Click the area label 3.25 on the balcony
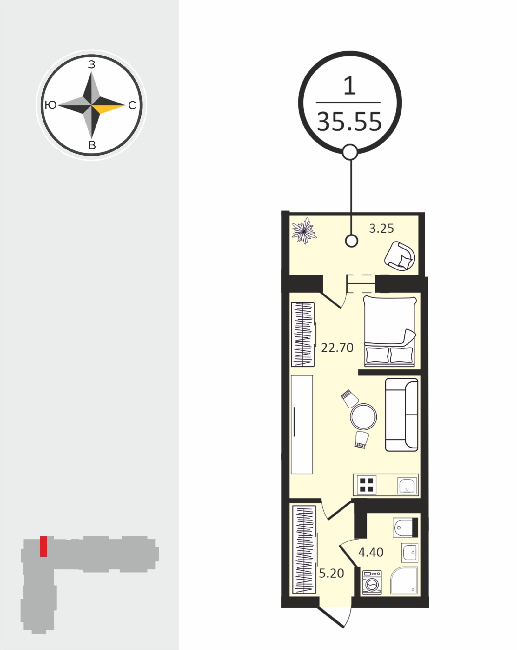[x=381, y=229]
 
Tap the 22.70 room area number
[x=337, y=348]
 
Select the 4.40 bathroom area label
[x=371, y=552]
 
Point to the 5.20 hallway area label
[x=331, y=574]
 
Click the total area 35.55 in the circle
[x=349, y=122]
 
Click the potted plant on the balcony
[x=304, y=231]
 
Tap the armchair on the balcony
[x=400, y=256]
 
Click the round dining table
[x=363, y=416]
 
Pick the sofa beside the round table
[x=401, y=415]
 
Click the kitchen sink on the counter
[x=407, y=494]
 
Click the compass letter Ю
[x=51, y=105]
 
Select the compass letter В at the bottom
[x=92, y=145]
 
